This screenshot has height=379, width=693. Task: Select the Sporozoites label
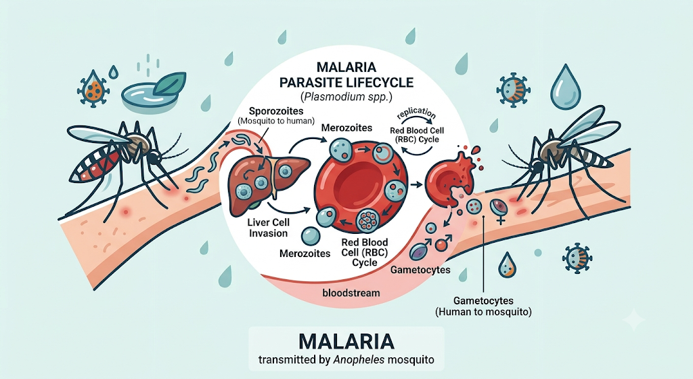tap(276, 111)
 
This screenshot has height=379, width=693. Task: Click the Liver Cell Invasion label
tap(268, 228)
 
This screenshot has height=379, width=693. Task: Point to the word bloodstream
tap(351, 293)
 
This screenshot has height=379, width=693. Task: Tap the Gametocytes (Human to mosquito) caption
tap(483, 306)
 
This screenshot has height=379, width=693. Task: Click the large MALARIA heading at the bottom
tap(346, 341)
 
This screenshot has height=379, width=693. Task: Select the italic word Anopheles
tap(359, 359)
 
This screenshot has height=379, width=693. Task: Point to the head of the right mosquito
tap(537, 166)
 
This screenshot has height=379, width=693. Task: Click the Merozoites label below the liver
tap(305, 254)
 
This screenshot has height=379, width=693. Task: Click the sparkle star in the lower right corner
tap(633, 319)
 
